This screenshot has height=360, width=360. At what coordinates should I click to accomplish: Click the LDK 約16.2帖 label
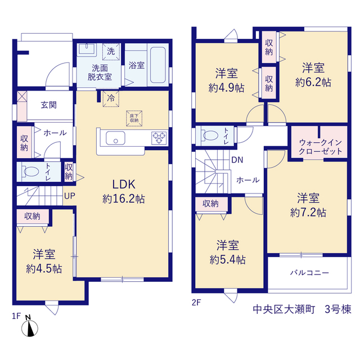(124, 191)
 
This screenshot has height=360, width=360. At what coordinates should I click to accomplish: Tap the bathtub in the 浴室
(157, 65)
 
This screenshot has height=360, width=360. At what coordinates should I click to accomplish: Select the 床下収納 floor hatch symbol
(134, 119)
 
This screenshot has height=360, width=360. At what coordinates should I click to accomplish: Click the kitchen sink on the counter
(115, 138)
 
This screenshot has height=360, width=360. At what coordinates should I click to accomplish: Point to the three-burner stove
(159, 138)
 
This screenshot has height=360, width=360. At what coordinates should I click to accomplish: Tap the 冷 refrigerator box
(111, 99)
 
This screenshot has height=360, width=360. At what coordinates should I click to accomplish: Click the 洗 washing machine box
(111, 52)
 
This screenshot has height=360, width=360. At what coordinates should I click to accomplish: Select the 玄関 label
(49, 105)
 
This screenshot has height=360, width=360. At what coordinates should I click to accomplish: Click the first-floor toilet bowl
(31, 171)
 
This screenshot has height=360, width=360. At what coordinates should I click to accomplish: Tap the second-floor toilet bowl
(210, 135)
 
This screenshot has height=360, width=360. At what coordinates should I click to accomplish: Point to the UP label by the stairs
(70, 196)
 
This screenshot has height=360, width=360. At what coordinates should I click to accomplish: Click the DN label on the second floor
(237, 160)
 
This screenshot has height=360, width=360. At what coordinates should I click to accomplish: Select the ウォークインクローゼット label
(321, 147)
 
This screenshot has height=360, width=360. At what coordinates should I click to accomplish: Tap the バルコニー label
(309, 273)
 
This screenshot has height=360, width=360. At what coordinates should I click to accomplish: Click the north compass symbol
(30, 326)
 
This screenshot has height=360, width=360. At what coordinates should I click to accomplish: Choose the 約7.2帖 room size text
(308, 213)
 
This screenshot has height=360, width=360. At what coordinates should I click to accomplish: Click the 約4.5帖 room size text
(44, 269)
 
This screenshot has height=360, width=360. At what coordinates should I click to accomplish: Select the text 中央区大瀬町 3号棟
(302, 309)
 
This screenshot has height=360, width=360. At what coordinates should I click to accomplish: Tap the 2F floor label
(196, 303)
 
